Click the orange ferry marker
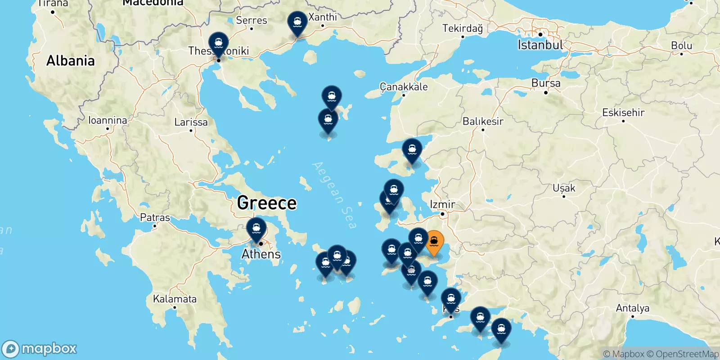click(x=434, y=242)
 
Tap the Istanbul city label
click(x=540, y=45)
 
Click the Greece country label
click(x=267, y=203)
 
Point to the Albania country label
click(x=71, y=61)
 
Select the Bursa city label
click(x=546, y=83)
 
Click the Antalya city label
click(x=632, y=308)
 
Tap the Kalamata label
click(x=175, y=299)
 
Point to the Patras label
click(x=155, y=217)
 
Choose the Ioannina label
click(x=108, y=120)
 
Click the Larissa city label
click(x=191, y=122)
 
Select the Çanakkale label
click(x=404, y=86)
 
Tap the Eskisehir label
click(x=623, y=112)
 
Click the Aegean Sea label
click(x=334, y=195)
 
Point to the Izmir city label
click(x=442, y=204)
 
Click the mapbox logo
click(x=40, y=349)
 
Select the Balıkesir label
click(x=483, y=121)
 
